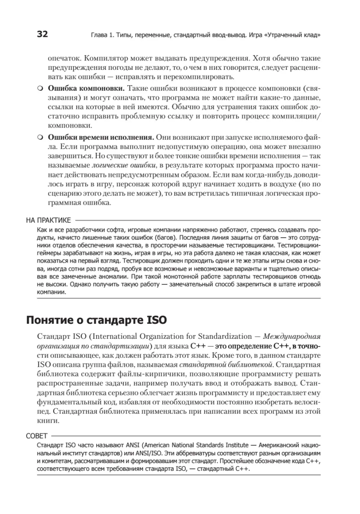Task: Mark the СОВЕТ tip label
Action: pyautogui.click(x=37, y=435)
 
